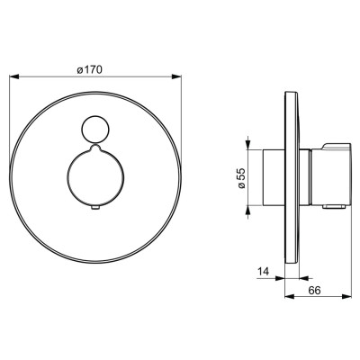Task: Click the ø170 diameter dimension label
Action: [90, 70]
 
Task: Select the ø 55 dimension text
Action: [241, 178]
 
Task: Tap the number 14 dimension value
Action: [263, 272]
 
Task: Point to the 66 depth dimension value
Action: [315, 291]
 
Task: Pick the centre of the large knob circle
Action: [94, 177]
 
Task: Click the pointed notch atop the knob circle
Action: [94, 147]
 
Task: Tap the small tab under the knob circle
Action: [95, 208]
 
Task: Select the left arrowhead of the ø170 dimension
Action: [14, 77]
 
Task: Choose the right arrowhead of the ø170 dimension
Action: [176, 77]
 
